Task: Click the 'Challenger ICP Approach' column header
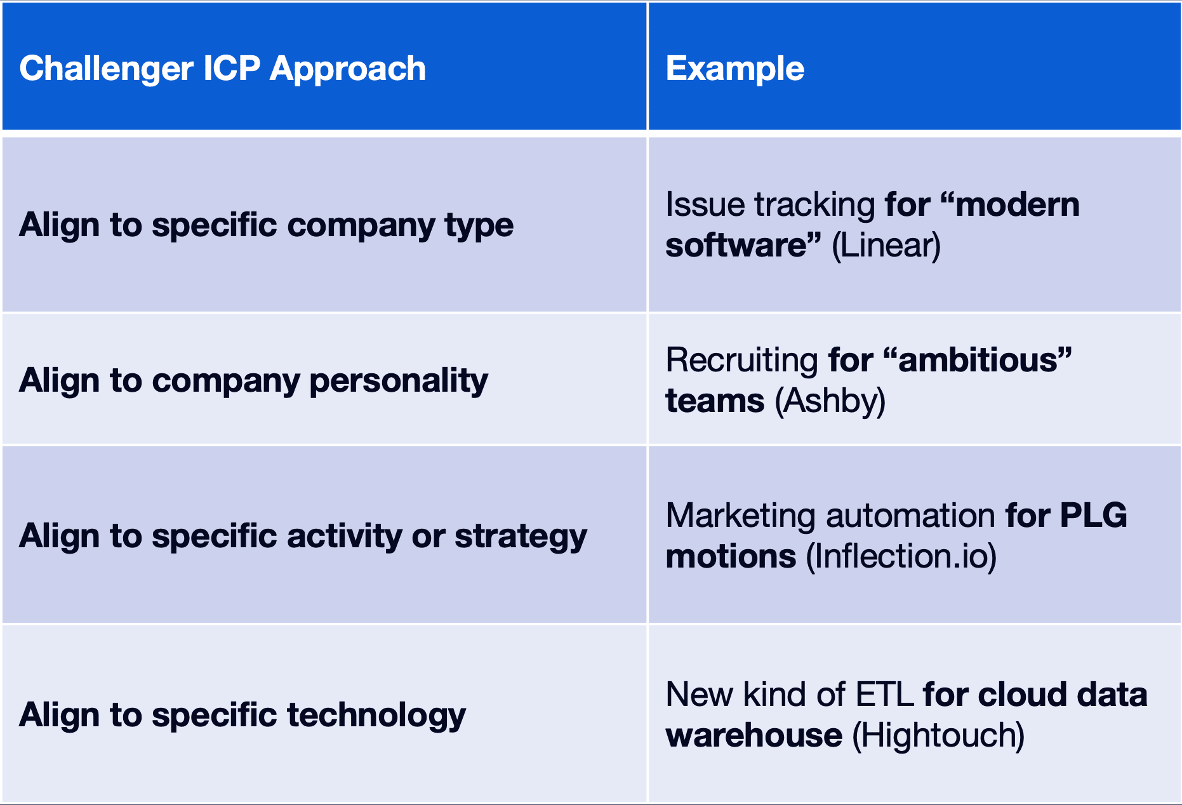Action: (222, 69)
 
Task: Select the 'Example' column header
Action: (734, 69)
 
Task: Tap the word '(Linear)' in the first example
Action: (886, 246)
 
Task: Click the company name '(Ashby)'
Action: (830, 401)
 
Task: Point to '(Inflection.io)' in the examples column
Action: (901, 557)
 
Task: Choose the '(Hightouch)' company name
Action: (938, 736)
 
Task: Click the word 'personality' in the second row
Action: (399, 382)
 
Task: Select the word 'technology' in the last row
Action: (376, 716)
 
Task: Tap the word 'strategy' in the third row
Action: (521, 537)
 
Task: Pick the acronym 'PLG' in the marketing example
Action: (1093, 516)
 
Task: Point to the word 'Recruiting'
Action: (741, 361)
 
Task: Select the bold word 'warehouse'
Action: (754, 736)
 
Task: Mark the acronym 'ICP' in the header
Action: (232, 69)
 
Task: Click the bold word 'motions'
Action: (731, 557)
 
